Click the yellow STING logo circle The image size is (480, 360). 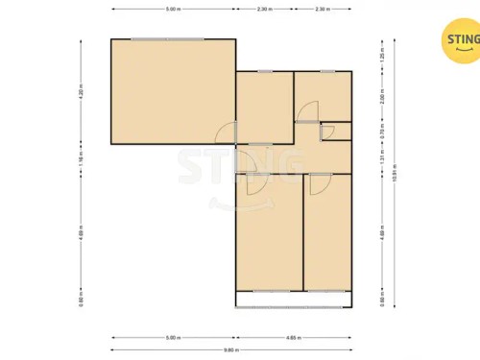coord(458,41)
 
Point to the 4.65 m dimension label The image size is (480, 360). coord(296,338)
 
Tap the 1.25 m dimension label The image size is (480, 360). coord(381,56)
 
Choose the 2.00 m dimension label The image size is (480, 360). coord(381,97)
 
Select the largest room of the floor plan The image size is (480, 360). coord(173,91)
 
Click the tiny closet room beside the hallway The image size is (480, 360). coord(338,132)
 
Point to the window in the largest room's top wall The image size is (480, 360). coord(167,39)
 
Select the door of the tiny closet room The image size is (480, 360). coord(326,132)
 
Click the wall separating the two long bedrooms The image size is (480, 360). coord(303,230)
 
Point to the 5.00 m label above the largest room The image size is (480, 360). coord(172,9)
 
